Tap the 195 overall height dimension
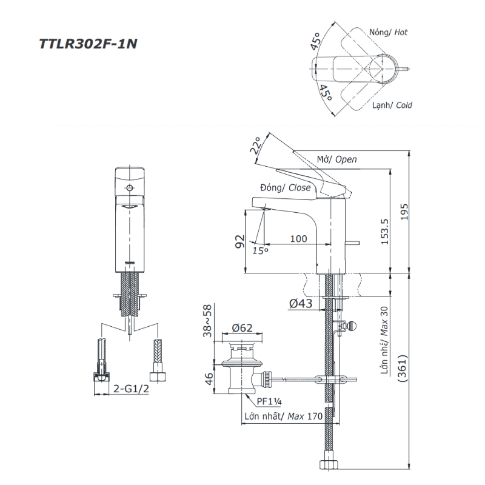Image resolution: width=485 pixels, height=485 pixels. [x=404, y=210]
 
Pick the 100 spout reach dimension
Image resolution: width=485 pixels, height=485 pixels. [x=298, y=239]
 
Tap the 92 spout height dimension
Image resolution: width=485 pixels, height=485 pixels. [x=240, y=242]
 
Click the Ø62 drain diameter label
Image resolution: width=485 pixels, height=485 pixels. [x=242, y=329]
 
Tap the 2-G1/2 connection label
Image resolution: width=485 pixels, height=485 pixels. [x=132, y=389]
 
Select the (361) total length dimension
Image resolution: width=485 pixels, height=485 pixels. [x=404, y=367]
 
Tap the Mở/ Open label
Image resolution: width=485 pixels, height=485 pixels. [x=337, y=159]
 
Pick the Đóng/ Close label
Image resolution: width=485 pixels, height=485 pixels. [x=285, y=188]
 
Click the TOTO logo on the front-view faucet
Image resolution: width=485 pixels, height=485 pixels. [x=129, y=262]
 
